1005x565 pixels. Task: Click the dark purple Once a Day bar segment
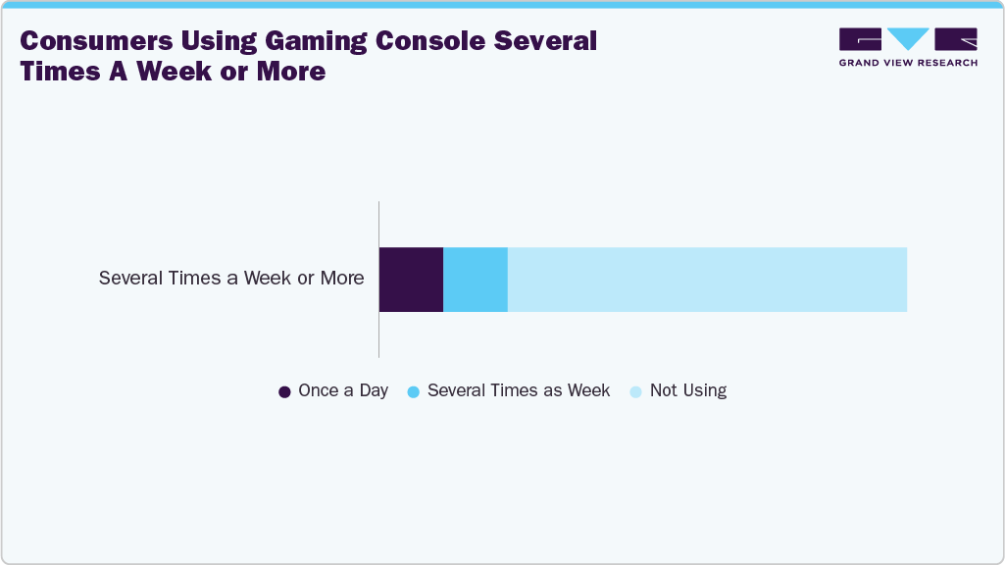coord(411,280)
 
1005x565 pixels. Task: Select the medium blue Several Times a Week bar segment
coord(476,280)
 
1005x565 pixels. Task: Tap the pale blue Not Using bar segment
coord(707,280)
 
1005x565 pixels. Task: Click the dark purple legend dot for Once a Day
coord(284,391)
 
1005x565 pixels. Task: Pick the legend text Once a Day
coord(343,390)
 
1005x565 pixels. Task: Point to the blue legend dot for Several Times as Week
coord(413,391)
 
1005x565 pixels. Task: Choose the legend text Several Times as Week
coord(519,390)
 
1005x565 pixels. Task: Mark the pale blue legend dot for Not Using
coord(635,391)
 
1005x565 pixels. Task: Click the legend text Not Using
coord(688,390)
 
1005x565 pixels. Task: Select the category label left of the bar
coord(231,279)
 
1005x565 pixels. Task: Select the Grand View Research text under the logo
coord(908,63)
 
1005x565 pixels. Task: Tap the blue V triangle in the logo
coord(908,39)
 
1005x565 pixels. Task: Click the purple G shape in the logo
coord(860,39)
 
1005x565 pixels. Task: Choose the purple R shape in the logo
coord(956,39)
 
